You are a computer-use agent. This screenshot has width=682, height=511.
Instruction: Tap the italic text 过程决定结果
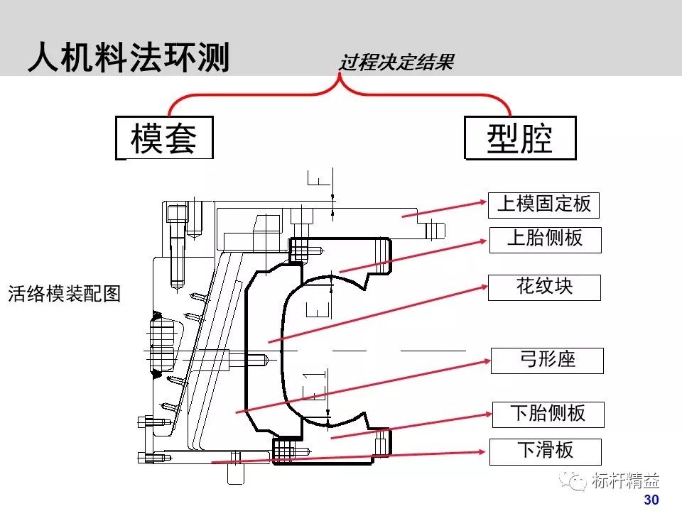point(396,63)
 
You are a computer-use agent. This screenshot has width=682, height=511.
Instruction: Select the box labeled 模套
point(163,138)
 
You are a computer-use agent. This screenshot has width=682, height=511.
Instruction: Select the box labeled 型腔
point(519,138)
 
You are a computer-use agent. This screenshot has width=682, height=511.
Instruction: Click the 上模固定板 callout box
point(543,204)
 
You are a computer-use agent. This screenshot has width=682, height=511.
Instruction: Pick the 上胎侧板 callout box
point(545,239)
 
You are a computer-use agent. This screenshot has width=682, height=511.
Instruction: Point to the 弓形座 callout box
point(546,360)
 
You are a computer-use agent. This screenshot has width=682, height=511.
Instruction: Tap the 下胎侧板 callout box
point(548,414)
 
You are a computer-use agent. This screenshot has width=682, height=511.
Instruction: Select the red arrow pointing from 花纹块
point(377,312)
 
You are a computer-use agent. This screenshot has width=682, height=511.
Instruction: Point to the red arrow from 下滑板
point(348,456)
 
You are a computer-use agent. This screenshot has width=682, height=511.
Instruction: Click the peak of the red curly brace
point(340,79)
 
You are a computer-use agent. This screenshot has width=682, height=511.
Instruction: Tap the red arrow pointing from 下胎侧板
point(412,424)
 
